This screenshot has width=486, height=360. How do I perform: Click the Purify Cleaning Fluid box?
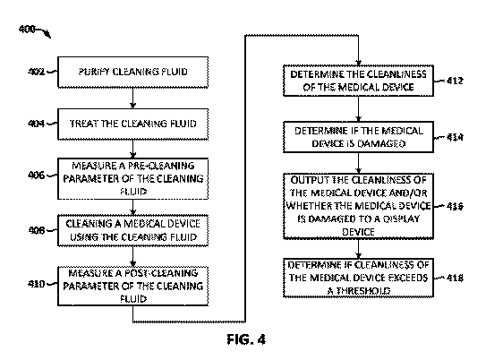[x=133, y=72]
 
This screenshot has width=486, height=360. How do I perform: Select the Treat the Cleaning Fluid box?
[x=133, y=124]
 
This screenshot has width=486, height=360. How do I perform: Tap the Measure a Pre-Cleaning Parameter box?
[x=133, y=178]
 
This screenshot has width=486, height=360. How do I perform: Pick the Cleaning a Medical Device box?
[x=133, y=230]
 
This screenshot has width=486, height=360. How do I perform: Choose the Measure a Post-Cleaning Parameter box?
[x=133, y=286]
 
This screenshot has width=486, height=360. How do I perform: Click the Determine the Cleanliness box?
[x=358, y=81]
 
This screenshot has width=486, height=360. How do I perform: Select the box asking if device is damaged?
[x=358, y=137]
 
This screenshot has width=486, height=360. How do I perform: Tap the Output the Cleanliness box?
[x=358, y=206]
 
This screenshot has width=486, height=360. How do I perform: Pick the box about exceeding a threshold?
[x=358, y=278]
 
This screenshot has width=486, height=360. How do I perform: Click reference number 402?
[x=37, y=72]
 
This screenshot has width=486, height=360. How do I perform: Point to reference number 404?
[x=37, y=124]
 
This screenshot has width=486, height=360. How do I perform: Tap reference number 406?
[x=37, y=176]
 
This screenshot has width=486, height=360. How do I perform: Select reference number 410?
[x=37, y=284]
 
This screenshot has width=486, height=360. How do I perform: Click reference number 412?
[x=455, y=81]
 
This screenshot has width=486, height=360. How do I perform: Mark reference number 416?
[x=455, y=206]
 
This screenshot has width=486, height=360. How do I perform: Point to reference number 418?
[x=455, y=278]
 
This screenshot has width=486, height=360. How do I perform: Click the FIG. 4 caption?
[x=246, y=339]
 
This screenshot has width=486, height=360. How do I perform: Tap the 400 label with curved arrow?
[x=34, y=31]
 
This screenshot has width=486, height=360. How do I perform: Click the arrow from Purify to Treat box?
[x=133, y=99]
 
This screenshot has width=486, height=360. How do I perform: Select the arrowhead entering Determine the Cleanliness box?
[x=358, y=63]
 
